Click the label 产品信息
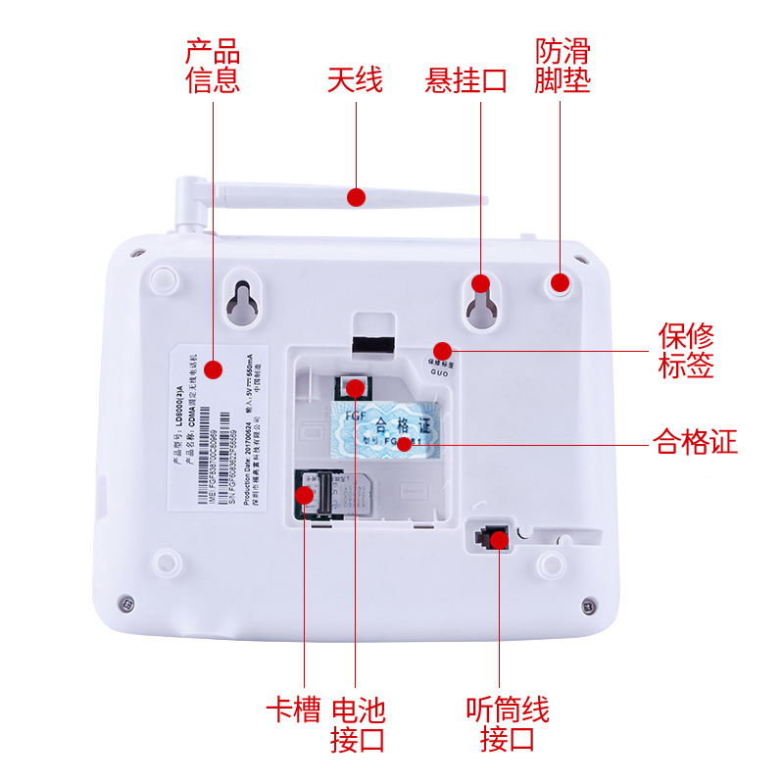tap(213, 65)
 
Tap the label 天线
tap(355, 79)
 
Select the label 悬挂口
tap(466, 79)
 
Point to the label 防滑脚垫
tap(563, 65)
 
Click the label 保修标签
tap(685, 351)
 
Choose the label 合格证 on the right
tap(695, 443)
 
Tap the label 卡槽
tap(293, 709)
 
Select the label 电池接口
tap(358, 723)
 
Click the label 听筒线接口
tap(507, 723)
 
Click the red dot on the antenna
tap(356, 197)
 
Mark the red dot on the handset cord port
tap(499, 539)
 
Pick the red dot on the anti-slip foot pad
tap(560, 283)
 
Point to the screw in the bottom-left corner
tap(124, 601)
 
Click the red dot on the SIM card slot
tap(306, 495)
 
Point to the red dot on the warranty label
tap(442, 350)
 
